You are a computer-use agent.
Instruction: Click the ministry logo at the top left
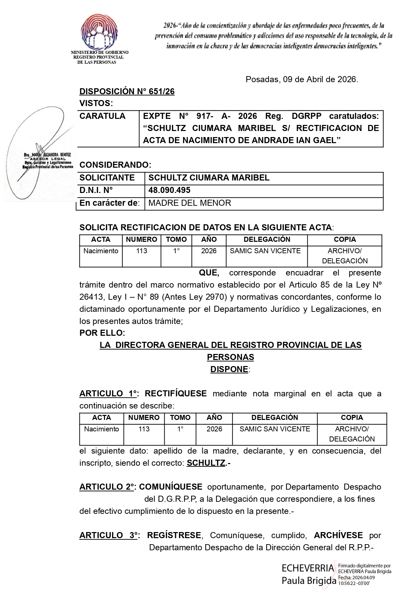click(99, 32)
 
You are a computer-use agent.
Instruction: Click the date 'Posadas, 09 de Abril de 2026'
click(302, 79)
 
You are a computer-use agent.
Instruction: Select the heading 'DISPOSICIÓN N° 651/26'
click(127, 92)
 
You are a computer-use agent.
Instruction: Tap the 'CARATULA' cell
click(102, 116)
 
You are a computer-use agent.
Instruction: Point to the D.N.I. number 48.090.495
click(169, 190)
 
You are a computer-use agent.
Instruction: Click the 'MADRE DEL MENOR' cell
click(189, 203)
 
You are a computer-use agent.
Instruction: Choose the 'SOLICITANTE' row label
click(107, 178)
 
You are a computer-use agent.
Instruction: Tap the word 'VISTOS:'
click(96, 103)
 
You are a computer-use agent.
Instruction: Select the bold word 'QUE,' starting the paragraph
click(209, 273)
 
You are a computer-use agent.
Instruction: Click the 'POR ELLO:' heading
click(102, 333)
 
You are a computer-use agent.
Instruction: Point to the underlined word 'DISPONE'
click(229, 369)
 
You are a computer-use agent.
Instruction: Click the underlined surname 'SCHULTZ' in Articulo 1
click(206, 463)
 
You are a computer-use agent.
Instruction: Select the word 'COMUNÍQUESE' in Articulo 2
click(171, 487)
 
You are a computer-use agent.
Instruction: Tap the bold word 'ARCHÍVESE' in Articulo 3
click(338, 535)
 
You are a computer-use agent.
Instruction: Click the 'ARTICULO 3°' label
click(108, 535)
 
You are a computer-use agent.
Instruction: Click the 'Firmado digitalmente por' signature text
click(364, 566)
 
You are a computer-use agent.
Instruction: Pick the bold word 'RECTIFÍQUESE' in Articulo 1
click(176, 394)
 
